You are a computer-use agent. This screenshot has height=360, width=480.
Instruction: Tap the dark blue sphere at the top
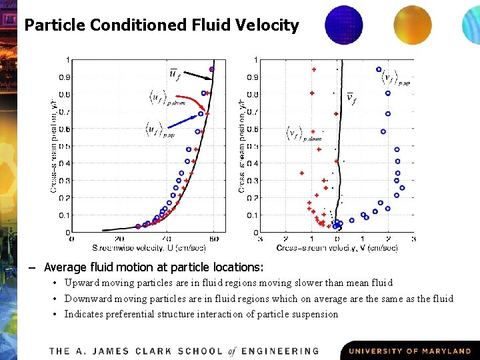tap(343, 24)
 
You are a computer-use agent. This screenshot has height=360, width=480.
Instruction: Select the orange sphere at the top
tap(413, 25)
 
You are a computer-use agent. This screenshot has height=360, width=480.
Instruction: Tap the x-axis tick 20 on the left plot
tap(119, 238)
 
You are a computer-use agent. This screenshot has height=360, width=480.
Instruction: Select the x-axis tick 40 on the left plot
tap(167, 238)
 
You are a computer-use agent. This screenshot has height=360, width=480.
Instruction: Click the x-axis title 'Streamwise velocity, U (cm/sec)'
tap(148, 247)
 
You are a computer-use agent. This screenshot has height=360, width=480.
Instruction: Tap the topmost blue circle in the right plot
tap(379, 69)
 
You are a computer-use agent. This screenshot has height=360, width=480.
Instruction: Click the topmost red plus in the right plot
tap(313, 69)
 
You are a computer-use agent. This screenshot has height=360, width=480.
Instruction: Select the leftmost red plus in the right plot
tap(301, 173)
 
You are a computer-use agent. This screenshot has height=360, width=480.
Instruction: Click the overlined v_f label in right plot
tap(351, 99)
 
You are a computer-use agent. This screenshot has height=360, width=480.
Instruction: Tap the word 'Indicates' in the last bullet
tap(85, 314)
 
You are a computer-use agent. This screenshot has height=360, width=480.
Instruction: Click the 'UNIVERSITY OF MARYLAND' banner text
tap(410, 351)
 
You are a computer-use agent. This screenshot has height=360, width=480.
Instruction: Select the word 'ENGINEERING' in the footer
tap(281, 351)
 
